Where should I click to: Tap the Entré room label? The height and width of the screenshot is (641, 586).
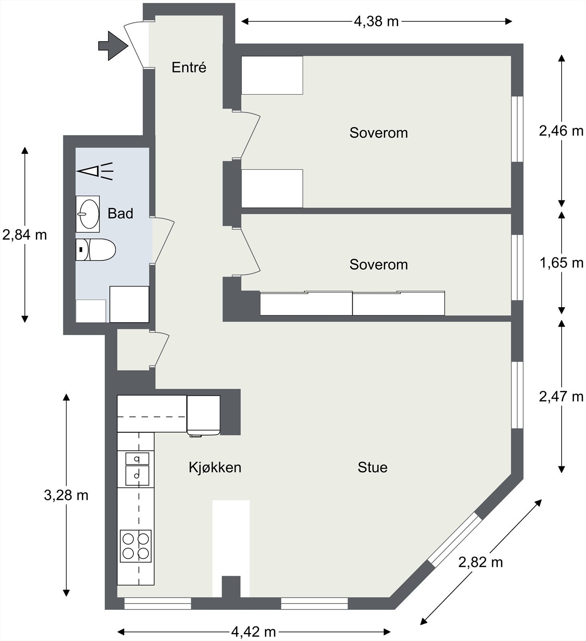pos(189,67)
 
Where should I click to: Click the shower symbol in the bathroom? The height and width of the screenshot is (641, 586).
pos(95,171)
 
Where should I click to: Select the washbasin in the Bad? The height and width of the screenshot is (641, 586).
pos(88,214)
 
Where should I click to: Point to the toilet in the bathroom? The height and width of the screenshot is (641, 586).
pos(96,250)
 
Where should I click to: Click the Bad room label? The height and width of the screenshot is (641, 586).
pos(120,214)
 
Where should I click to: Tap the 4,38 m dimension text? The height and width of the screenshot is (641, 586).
pos(376,21)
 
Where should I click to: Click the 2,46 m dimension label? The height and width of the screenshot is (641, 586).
pos(561,131)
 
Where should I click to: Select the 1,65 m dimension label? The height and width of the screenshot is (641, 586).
pos(561,263)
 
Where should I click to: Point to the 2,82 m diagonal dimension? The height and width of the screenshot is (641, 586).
pos(480,562)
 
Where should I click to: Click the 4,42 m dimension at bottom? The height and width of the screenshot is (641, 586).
pos(253,632)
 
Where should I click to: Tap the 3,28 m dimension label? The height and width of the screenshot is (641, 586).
pos(66,496)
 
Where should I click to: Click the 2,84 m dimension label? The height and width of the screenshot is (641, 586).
pos(25,235)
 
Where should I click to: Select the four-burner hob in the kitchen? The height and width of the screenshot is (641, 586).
pos(136,546)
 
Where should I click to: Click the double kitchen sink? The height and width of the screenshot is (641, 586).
pos(137,468)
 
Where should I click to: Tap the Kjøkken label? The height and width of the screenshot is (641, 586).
pos(215,468)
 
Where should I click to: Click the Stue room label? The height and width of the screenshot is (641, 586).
pos(372,468)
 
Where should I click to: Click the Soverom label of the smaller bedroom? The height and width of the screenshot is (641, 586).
pos(378,264)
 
